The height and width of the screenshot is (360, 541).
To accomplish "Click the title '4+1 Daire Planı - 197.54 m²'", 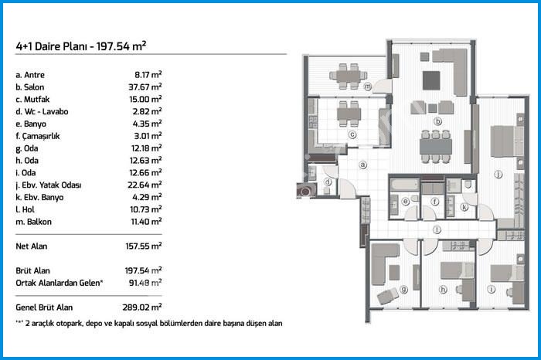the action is [x=80, y=46].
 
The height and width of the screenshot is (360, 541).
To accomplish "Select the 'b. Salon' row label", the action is [x=29, y=87].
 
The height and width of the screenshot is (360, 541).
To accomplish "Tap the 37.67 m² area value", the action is [x=145, y=87].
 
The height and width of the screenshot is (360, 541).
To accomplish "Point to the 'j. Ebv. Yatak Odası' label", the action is [x=48, y=185].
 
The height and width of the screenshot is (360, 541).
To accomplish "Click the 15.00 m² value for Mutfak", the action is [x=145, y=99].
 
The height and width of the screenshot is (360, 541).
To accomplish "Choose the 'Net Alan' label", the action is [x=32, y=246].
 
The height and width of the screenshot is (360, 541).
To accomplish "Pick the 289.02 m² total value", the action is [x=141, y=307].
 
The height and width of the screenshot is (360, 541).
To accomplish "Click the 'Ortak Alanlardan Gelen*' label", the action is [x=60, y=283].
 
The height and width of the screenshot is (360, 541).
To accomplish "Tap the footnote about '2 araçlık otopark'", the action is [x=149, y=324].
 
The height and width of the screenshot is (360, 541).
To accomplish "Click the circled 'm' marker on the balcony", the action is [x=368, y=87].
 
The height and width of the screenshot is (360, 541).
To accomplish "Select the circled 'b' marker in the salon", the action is [x=437, y=121].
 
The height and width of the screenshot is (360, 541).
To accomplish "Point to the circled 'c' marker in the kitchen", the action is [x=352, y=134].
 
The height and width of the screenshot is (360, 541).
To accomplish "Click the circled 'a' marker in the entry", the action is [x=362, y=165].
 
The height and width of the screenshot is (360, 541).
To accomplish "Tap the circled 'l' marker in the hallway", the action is [x=437, y=229].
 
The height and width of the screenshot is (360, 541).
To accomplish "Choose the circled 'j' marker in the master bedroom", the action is [x=498, y=175].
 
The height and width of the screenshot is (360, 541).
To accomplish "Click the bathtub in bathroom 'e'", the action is [x=404, y=185].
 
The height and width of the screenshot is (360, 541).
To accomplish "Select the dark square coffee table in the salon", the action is [x=431, y=80].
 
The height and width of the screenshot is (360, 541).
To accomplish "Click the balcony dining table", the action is [x=349, y=76].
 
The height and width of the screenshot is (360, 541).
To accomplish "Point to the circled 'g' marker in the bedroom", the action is [x=403, y=289].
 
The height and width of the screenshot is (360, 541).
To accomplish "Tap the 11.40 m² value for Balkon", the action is [x=146, y=222].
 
